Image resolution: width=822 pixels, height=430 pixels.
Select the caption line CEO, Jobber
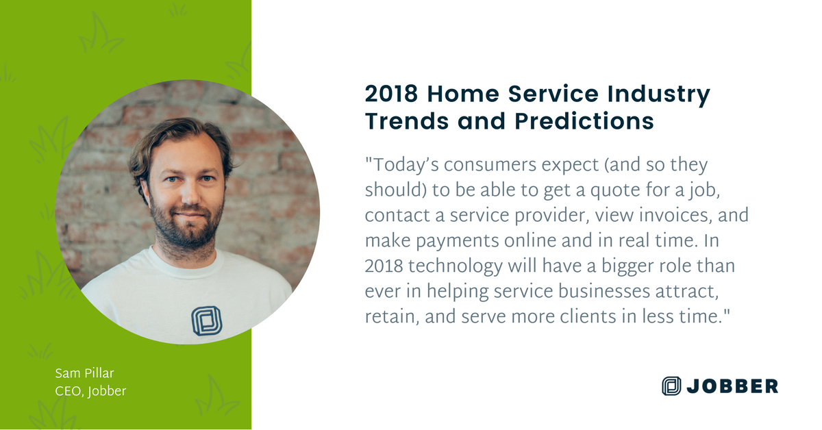click(x=90, y=391)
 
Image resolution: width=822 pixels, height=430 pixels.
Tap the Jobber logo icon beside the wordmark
click(x=672, y=386)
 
